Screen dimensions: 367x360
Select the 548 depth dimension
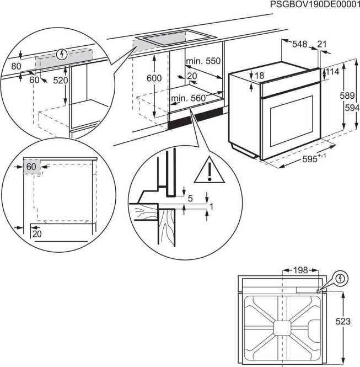pyautogui.click(x=300, y=44)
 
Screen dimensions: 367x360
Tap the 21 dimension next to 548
pyautogui.click(x=323, y=44)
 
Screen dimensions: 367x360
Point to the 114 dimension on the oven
pyautogui.click(x=332, y=72)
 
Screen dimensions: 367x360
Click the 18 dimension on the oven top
pyautogui.click(x=260, y=76)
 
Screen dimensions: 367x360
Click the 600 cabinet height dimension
pyautogui.click(x=154, y=78)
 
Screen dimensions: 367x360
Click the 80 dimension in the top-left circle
pyautogui.click(x=16, y=66)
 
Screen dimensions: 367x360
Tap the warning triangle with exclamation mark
pyautogui.click(x=209, y=172)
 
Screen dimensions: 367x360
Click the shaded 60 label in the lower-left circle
pyautogui.click(x=31, y=166)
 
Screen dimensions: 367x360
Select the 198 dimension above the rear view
pyautogui.click(x=300, y=270)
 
